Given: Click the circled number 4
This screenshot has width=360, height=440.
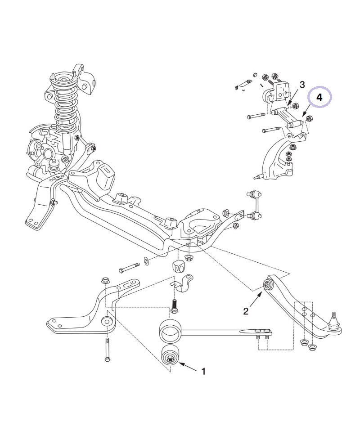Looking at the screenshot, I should pos(319,98).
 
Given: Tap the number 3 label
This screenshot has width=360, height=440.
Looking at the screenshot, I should pos(302,85).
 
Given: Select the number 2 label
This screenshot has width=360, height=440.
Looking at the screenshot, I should pos(246,311).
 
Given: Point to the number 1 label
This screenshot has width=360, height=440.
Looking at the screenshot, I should pos(203,372).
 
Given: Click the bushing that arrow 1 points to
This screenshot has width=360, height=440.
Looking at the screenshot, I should pos(171,356).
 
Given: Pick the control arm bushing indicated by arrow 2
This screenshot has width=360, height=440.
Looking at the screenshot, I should pos(268,284).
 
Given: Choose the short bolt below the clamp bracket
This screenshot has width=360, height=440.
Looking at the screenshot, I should pos(175,306).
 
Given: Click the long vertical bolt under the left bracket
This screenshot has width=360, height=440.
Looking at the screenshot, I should pos(107,349).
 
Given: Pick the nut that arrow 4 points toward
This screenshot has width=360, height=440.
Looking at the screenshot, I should pos(309,119).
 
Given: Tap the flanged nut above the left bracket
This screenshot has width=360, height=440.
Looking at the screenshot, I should pos(105,281).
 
